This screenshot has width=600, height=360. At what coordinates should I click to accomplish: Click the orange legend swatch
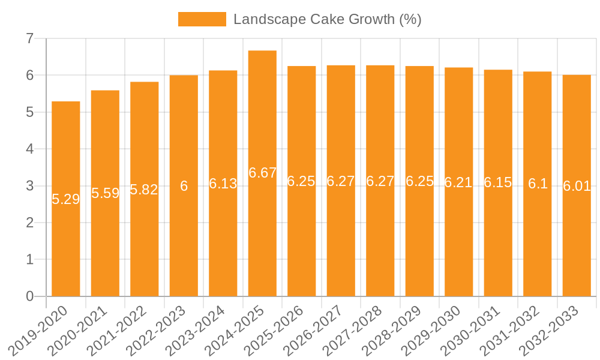coord(202,19)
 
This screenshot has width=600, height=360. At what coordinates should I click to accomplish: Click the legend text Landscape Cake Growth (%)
coord(327,19)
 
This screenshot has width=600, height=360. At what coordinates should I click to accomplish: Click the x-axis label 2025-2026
coord(274,331)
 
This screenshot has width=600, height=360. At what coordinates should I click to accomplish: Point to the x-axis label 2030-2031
coord(470,331)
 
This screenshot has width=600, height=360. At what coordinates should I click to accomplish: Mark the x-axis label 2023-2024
coord(196,331)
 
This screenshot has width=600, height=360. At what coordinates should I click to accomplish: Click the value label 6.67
coord(262,173)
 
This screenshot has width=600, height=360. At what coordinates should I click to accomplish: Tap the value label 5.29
coord(66,199)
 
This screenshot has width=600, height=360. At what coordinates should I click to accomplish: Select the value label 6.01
coord(577,186)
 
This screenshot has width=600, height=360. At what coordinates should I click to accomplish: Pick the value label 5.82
coord(144,190)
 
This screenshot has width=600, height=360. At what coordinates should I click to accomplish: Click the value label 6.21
coord(458,182)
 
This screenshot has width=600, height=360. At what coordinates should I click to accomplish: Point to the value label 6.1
coord(538,184)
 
